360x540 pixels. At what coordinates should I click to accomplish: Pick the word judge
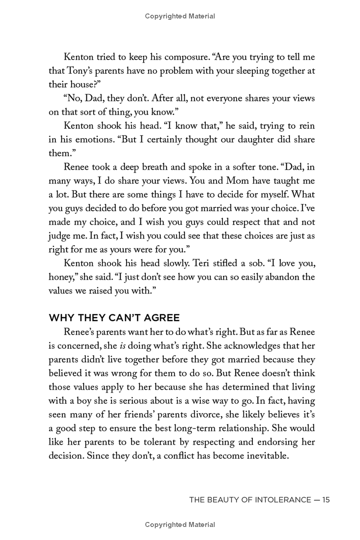(x=58, y=235)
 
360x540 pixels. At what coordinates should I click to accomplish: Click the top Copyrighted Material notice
(x=180, y=16)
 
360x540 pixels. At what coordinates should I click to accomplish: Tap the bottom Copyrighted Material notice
(x=180, y=525)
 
